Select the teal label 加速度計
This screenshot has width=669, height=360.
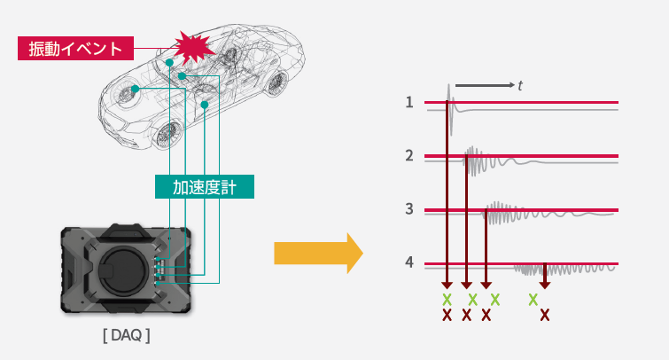[204, 186]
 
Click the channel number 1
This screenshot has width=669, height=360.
[409, 102]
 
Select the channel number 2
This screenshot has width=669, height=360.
[409, 156]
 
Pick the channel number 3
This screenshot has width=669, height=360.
[409, 209]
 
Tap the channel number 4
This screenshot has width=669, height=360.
[409, 263]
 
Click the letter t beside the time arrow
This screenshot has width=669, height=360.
[521, 86]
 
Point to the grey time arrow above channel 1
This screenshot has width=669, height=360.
[484, 86]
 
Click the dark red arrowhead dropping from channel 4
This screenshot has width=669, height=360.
[544, 284]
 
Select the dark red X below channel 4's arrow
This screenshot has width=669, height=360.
[544, 314]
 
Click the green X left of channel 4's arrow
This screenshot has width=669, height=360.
[533, 299]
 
